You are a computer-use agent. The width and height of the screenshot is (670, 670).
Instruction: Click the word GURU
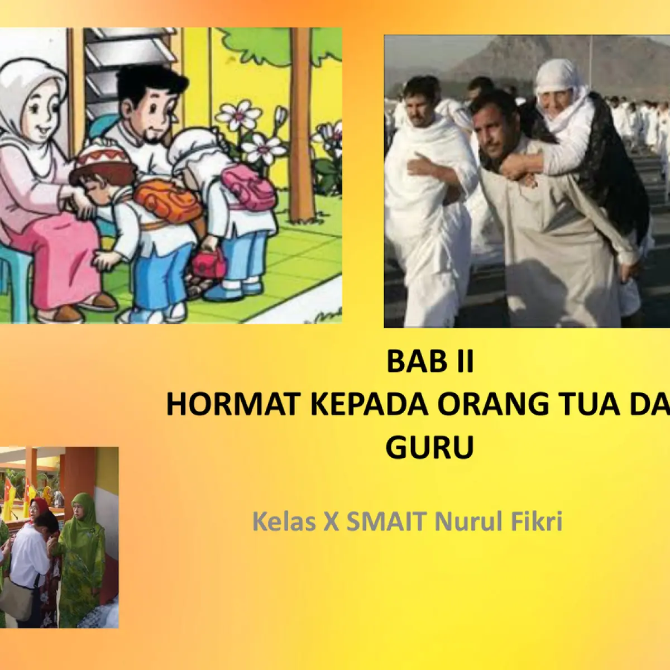tap(429, 447)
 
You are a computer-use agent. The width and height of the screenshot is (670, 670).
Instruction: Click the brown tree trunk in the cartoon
tap(302, 125)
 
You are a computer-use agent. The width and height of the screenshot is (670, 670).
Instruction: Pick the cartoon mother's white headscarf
tap(33, 90)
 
